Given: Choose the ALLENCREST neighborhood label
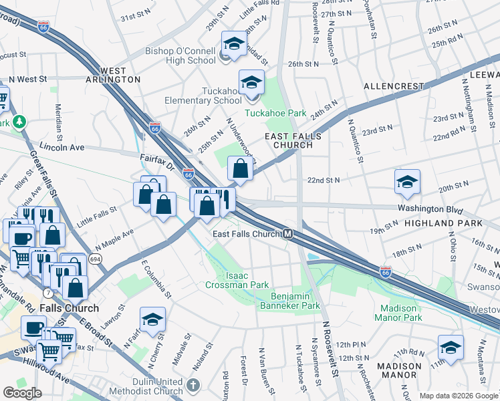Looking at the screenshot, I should tap(394, 87).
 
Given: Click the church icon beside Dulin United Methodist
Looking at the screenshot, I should tap(193, 385).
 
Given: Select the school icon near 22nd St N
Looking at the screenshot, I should tap(407, 182).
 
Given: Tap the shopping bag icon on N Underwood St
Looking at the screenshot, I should tap(240, 168).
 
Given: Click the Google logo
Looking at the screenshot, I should tap(22, 392).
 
